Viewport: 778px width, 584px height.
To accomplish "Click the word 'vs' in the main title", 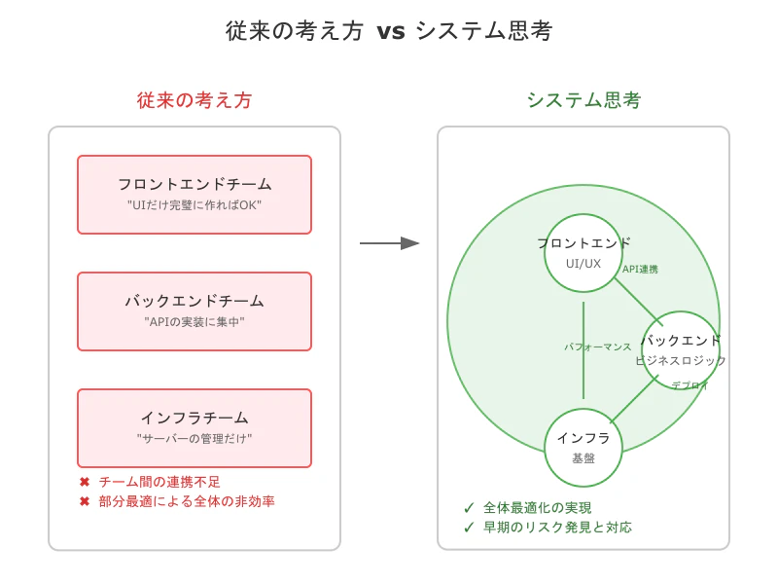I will tap(390, 31).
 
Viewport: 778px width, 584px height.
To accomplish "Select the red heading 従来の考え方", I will tap(194, 100).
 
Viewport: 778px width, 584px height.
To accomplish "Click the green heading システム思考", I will tap(583, 100).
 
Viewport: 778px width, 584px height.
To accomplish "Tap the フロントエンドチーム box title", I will tap(194, 184).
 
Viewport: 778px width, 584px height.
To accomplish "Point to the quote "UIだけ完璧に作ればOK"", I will tap(194, 205).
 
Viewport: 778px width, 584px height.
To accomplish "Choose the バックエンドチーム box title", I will tap(194, 301).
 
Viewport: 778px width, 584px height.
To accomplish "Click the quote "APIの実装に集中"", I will tap(194, 322).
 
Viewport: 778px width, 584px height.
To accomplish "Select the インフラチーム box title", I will tap(194, 418).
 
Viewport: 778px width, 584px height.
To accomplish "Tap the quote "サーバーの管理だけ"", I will tap(194, 439).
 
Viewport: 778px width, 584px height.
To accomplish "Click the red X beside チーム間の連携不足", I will tap(85, 482).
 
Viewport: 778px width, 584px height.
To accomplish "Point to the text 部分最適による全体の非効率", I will tap(187, 501).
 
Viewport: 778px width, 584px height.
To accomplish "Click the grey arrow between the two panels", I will tap(389, 243).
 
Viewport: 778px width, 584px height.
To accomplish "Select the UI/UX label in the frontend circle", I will tap(583, 264).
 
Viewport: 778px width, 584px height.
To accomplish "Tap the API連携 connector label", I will tap(640, 270).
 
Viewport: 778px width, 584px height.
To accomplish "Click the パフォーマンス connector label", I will tap(598, 347).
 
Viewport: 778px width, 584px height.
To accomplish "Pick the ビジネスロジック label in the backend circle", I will tap(681, 361).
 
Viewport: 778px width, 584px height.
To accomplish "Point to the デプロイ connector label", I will tap(690, 385).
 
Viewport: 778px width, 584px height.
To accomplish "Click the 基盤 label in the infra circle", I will tap(583, 458).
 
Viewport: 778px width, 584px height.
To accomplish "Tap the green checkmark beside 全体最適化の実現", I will tap(469, 508).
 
